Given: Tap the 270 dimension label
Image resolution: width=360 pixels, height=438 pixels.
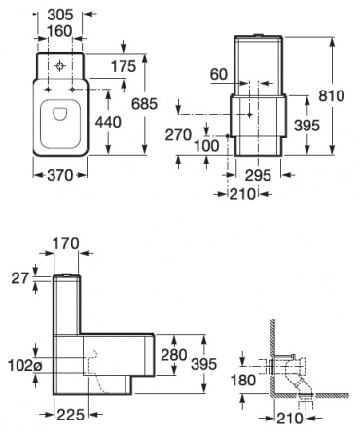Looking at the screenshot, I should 176,136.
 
